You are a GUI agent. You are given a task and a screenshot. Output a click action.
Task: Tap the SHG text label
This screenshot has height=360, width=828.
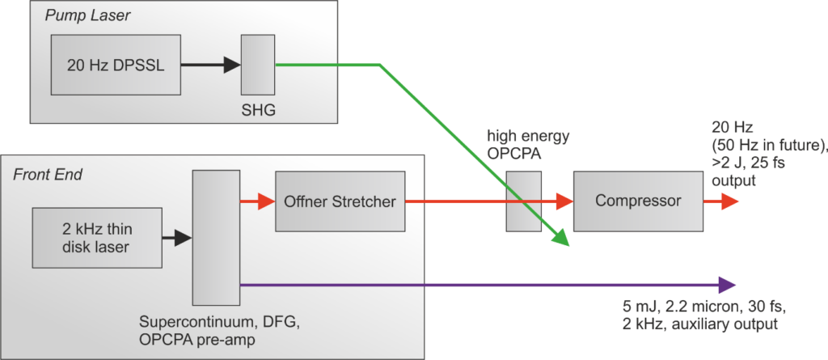click(258, 110)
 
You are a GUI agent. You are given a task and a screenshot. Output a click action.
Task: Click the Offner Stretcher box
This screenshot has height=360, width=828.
click(339, 201)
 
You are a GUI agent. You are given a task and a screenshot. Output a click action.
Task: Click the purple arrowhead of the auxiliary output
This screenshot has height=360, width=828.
click(725, 284)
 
